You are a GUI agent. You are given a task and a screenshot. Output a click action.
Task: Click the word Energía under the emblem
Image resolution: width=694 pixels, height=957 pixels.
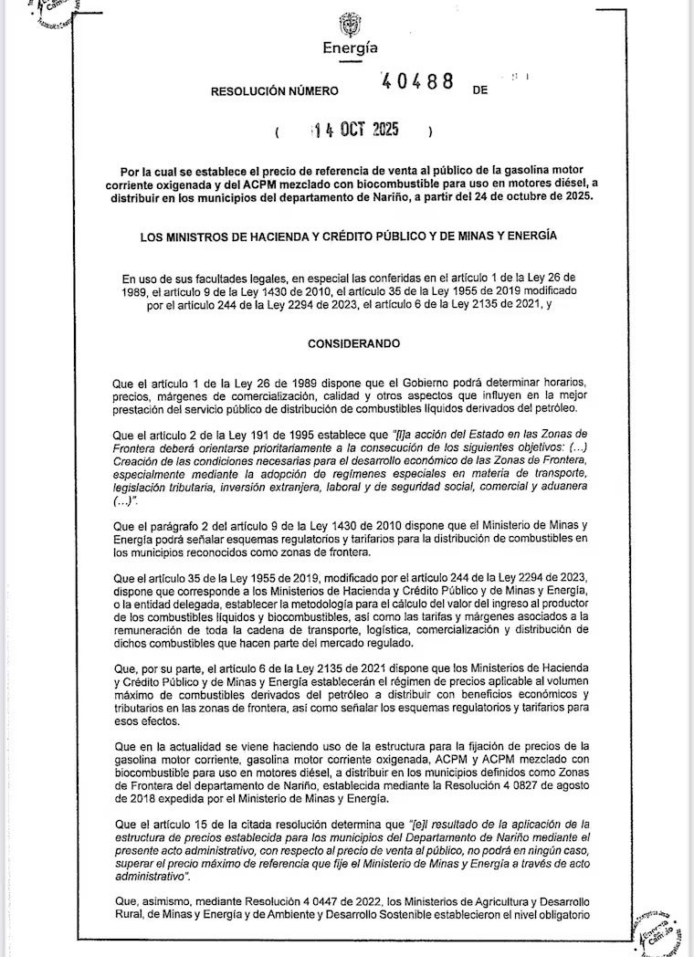[350, 48]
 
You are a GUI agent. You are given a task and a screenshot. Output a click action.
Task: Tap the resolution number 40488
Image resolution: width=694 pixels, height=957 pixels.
[417, 81]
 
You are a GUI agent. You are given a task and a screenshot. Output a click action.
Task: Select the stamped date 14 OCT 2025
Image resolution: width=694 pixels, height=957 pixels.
[355, 130]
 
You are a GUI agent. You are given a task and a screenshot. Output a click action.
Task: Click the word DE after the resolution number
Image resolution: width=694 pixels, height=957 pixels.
[481, 91]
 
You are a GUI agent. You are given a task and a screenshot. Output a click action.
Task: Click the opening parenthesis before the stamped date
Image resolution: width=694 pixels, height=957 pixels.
[277, 131]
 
